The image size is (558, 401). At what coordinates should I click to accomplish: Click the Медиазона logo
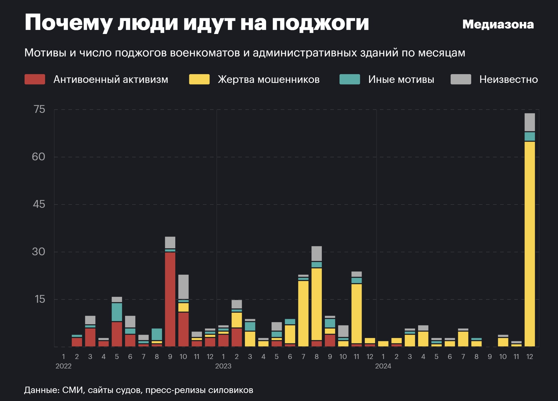[498, 24]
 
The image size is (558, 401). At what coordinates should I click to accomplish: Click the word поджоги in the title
[320, 23]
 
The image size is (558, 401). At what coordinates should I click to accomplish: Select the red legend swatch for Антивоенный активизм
[35, 79]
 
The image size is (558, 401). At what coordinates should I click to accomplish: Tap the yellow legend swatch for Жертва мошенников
[199, 79]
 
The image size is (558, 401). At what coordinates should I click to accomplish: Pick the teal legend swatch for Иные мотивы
[349, 79]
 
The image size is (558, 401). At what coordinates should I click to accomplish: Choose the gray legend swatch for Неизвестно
[461, 79]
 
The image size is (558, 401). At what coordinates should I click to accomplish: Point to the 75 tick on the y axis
[40, 110]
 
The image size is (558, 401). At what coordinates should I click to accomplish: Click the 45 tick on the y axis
[39, 204]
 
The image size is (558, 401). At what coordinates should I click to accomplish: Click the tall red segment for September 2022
[170, 299]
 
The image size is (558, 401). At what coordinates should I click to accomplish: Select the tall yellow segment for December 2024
[530, 244]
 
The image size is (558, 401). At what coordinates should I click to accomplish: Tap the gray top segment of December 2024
[530, 122]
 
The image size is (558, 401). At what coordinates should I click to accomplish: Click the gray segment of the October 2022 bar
[183, 287]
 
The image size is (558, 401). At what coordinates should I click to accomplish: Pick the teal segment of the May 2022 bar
[117, 312]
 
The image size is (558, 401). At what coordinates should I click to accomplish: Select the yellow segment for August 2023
[317, 304]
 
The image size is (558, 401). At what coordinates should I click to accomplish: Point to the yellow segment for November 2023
[357, 314]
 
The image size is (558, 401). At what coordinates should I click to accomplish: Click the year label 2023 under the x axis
[223, 366]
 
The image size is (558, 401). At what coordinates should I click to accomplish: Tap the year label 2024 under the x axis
[383, 366]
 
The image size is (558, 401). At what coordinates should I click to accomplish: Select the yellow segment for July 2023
[303, 313]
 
